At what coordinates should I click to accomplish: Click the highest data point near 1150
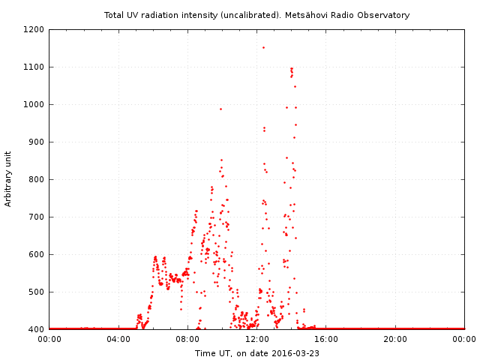click(x=263, y=48)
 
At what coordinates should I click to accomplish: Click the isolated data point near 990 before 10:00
click(x=220, y=109)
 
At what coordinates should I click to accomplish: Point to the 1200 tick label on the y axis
click(x=34, y=30)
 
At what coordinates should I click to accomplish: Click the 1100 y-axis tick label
click(x=34, y=67)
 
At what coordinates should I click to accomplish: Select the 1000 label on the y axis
click(x=34, y=104)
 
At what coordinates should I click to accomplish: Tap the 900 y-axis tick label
click(x=37, y=142)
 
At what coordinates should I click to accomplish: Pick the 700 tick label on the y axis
click(x=37, y=217)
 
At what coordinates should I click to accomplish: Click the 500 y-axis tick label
click(x=37, y=292)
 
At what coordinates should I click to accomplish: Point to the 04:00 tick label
click(x=118, y=339)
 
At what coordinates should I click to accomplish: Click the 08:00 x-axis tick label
click(x=187, y=339)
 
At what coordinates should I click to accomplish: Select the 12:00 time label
click(x=256, y=339)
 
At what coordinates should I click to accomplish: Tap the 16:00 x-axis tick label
click(x=326, y=339)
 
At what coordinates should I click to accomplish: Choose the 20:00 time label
click(x=395, y=339)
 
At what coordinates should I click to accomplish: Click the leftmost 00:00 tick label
click(x=49, y=339)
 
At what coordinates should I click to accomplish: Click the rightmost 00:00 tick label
click(x=464, y=339)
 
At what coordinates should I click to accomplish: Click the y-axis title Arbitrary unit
click(x=8, y=179)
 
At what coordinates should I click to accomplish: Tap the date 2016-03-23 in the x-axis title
click(x=295, y=353)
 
